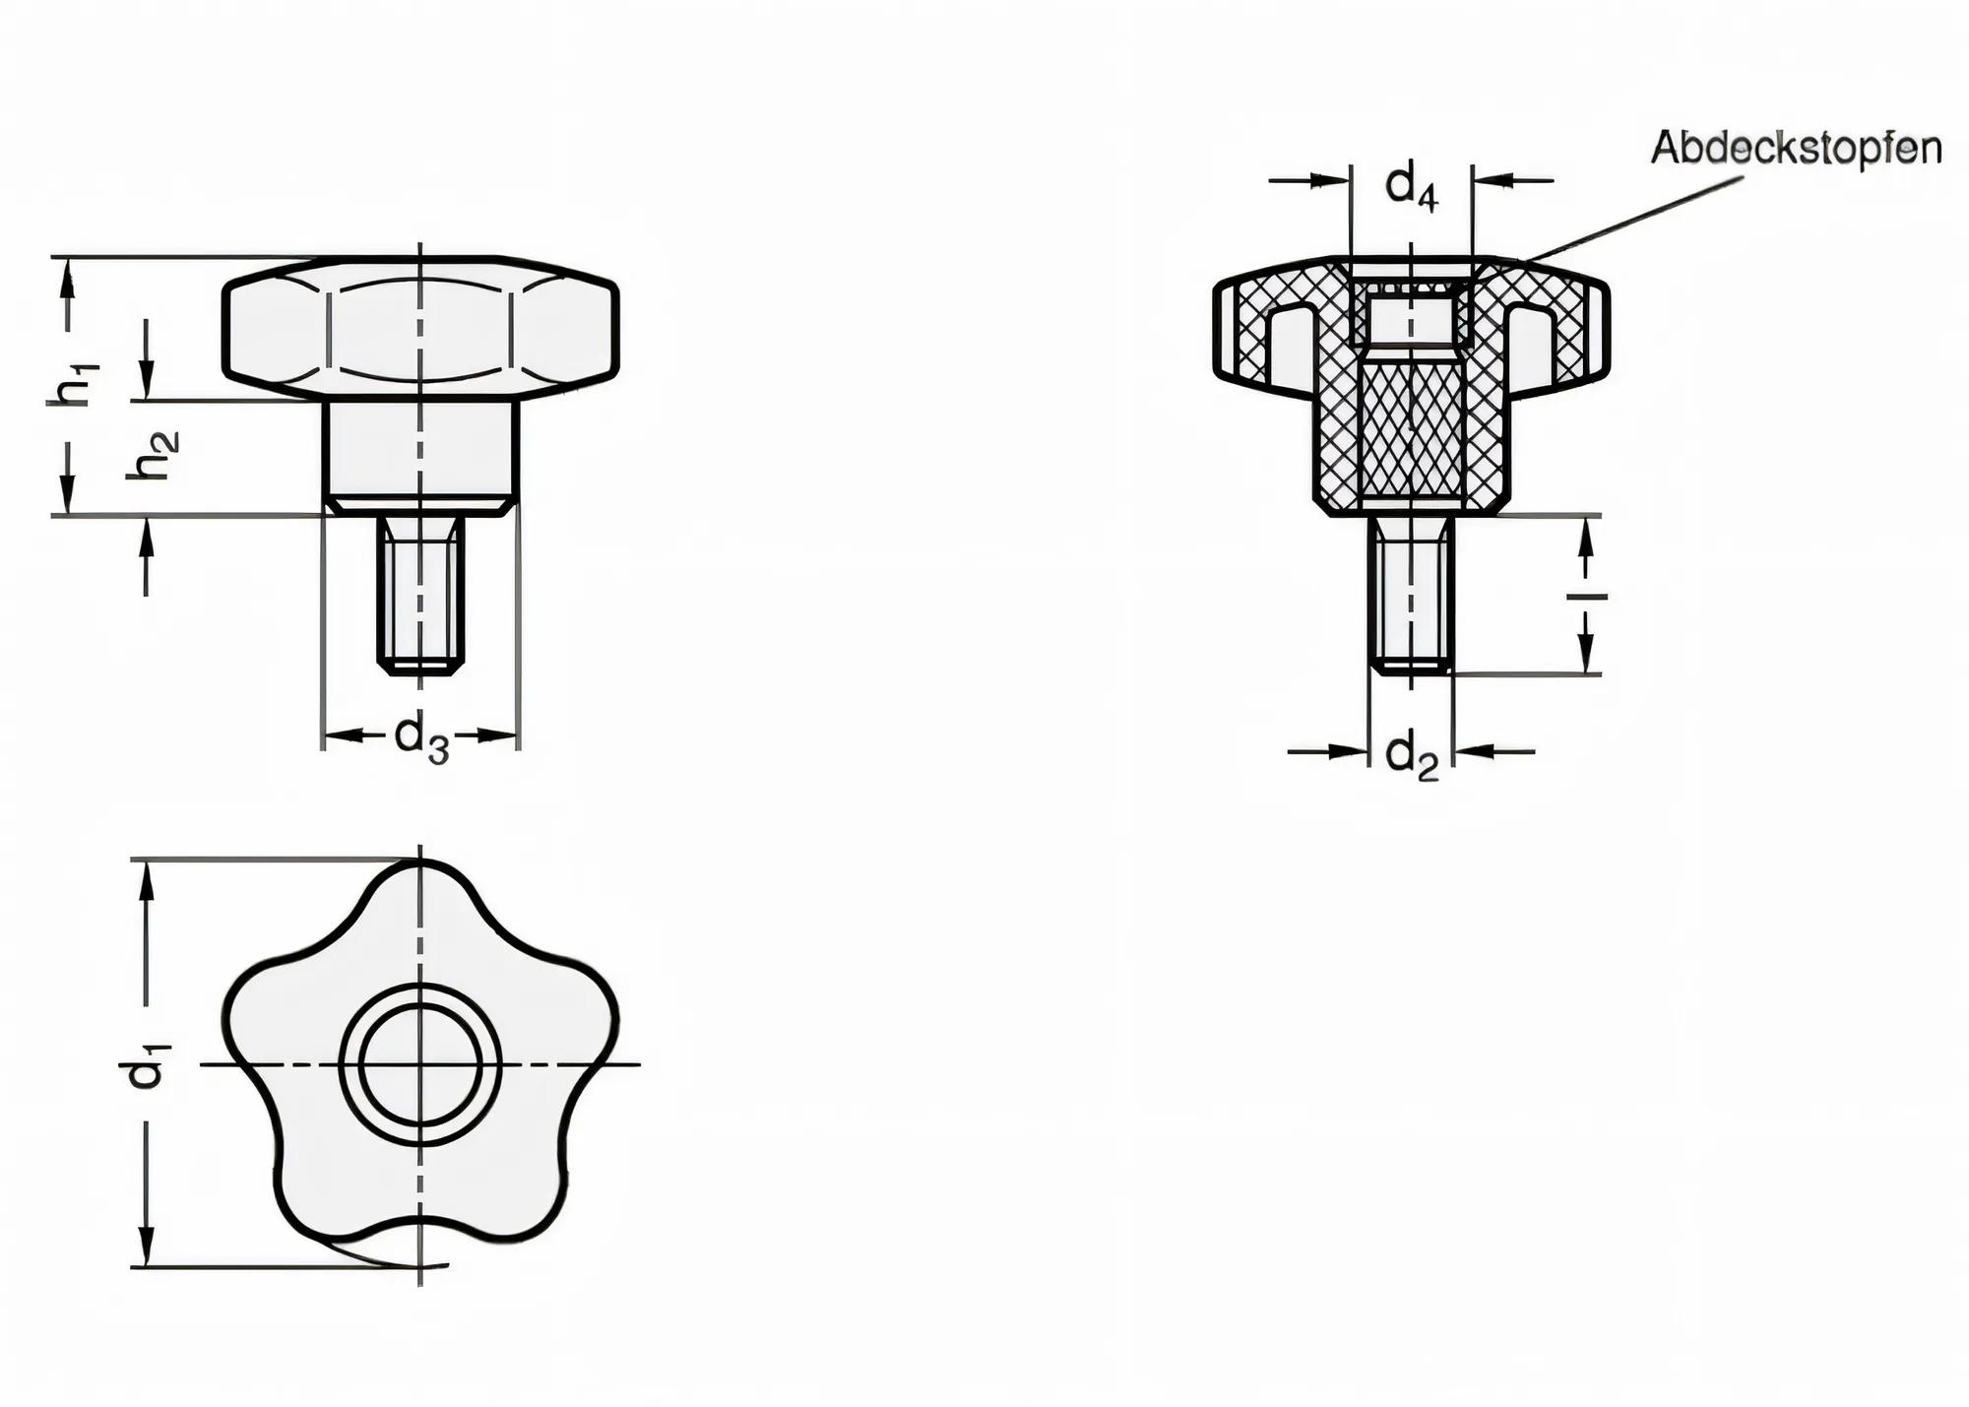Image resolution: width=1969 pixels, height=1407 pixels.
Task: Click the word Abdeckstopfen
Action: click(x=1796, y=149)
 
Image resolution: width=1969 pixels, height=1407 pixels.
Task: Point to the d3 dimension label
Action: click(x=421, y=737)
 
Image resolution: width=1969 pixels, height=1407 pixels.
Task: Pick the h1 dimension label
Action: click(x=74, y=384)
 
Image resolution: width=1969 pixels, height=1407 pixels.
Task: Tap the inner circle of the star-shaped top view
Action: click(x=420, y=1064)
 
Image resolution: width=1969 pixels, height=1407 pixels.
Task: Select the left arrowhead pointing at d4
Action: click(x=1331, y=180)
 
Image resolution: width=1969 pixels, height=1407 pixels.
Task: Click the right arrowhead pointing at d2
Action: click(x=1471, y=751)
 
